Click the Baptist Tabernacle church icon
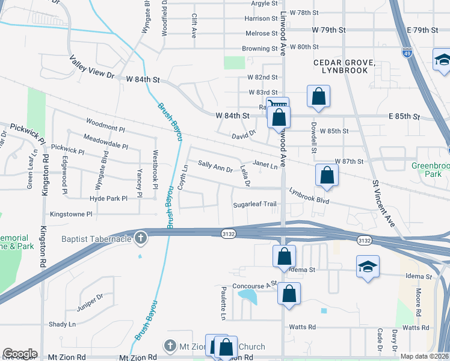(x=141, y=238)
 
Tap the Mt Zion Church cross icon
(x=170, y=346)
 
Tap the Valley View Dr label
(x=91, y=66)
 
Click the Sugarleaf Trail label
(x=255, y=205)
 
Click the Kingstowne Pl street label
(x=71, y=214)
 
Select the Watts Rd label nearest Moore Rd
(x=416, y=327)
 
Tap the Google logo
(x=20, y=354)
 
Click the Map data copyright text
(x=425, y=356)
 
